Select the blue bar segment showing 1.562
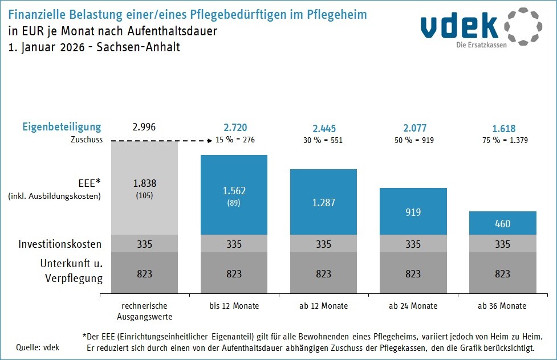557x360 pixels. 234,195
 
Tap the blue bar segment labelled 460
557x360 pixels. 503,223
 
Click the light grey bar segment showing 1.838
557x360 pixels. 145,188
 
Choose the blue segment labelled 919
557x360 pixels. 413,211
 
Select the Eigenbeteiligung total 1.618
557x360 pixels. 503,128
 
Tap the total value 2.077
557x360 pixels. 413,128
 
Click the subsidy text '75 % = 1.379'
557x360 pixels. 503,140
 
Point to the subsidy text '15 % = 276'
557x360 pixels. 234,140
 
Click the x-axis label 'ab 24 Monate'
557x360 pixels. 413,306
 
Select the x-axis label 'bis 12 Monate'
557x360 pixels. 234,306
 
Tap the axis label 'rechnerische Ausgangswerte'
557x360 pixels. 145,311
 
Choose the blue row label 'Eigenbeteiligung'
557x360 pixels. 62,127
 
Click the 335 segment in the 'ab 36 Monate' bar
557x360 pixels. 503,244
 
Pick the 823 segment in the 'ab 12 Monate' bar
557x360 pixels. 324,273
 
